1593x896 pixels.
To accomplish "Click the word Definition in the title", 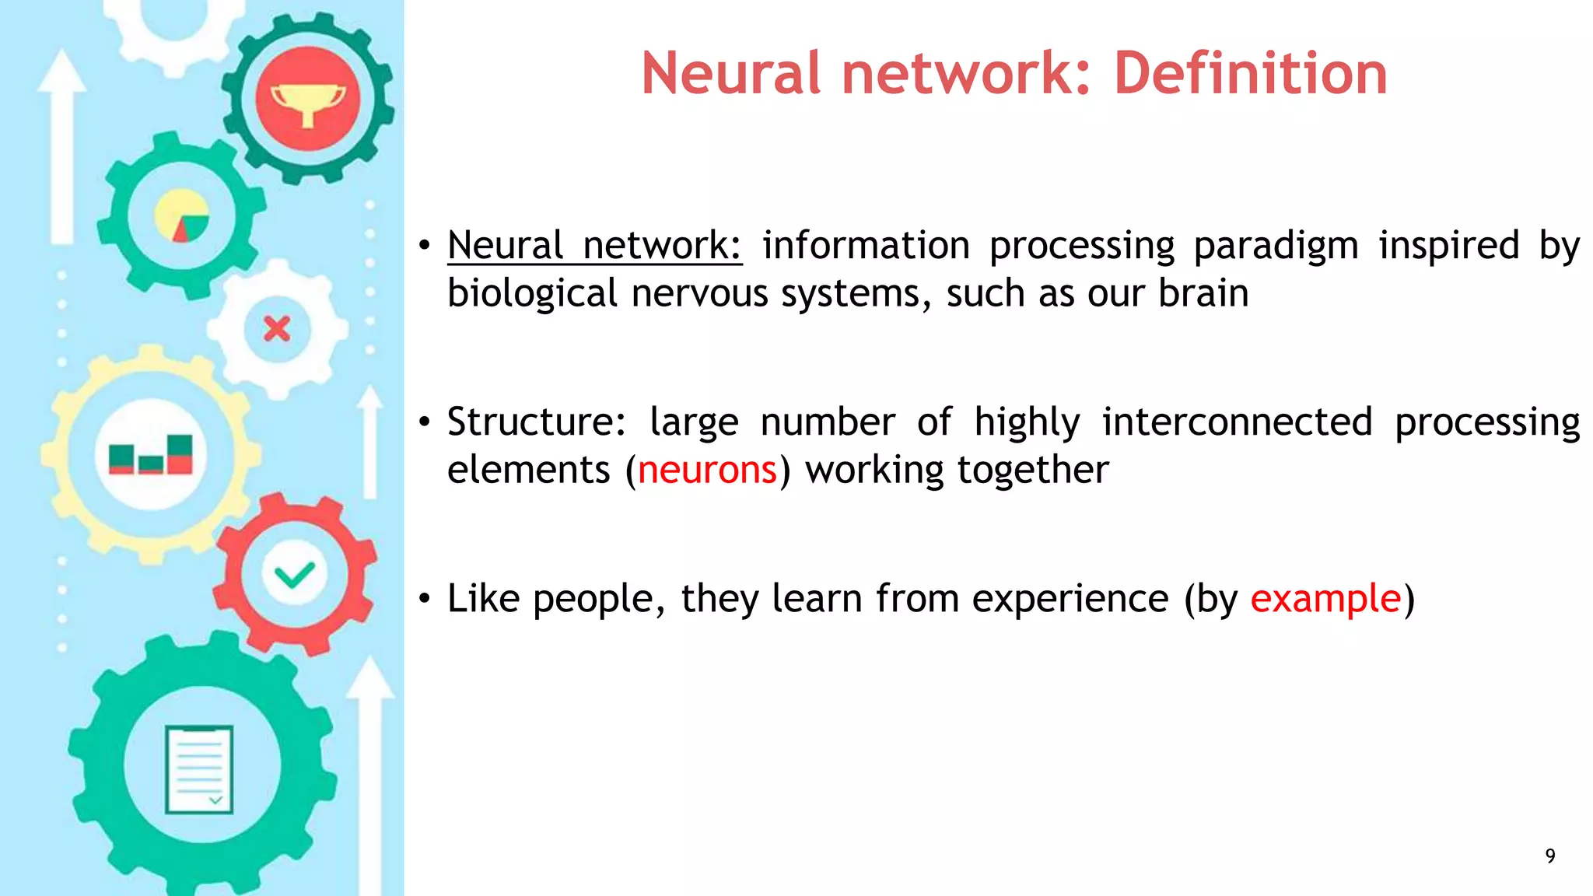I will click(x=1250, y=73).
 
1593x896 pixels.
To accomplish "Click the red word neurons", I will click(x=707, y=470).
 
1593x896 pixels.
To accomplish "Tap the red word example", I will click(x=1325, y=599).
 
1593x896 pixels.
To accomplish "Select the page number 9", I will click(x=1550, y=856).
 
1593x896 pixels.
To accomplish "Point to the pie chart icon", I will click(x=181, y=215).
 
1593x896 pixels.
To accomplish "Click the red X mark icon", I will click(x=277, y=329).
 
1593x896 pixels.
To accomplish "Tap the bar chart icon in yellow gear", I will click(x=151, y=455).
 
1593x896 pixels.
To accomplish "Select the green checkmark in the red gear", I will click(x=294, y=575).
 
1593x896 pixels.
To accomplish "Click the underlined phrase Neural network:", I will click(x=594, y=246).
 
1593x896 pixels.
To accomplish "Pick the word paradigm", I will click(x=1276, y=246).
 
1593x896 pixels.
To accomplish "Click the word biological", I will click(x=532, y=294).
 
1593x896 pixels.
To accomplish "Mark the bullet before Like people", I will click(x=424, y=599).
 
